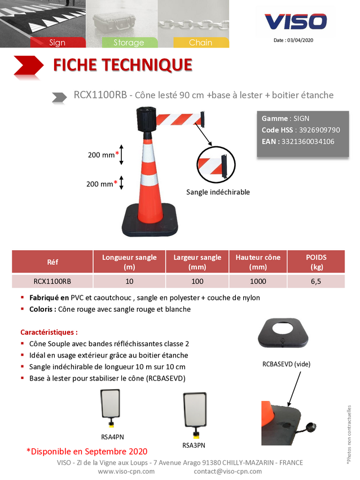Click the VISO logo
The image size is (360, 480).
296,21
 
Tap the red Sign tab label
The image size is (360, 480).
58,42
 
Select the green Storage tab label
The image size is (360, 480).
129,42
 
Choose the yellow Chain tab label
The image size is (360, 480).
201,42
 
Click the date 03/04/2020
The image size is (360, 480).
300,40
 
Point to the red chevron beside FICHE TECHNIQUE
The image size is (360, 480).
28,66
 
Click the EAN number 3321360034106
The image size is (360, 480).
308,141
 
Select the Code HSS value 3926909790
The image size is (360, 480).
319,130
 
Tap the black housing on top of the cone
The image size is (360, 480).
147,119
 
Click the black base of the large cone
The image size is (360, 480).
150,220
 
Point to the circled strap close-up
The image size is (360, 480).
216,165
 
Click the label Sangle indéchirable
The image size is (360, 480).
218,192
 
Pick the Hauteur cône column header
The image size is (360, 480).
258,261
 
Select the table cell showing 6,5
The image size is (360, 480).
316,281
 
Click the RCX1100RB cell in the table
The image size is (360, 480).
52,281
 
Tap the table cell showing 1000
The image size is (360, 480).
258,281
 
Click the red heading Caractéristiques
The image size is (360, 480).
49,332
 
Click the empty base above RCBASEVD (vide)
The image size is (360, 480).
283,333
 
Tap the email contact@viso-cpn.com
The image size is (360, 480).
228,472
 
